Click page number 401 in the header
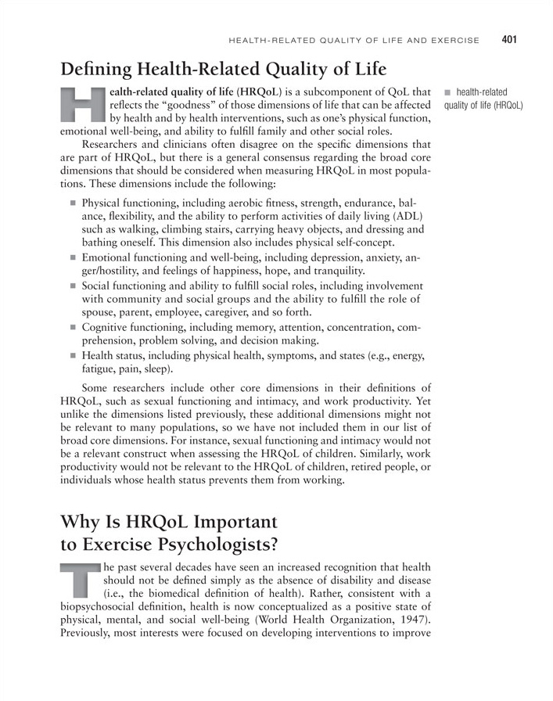(510, 39)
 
